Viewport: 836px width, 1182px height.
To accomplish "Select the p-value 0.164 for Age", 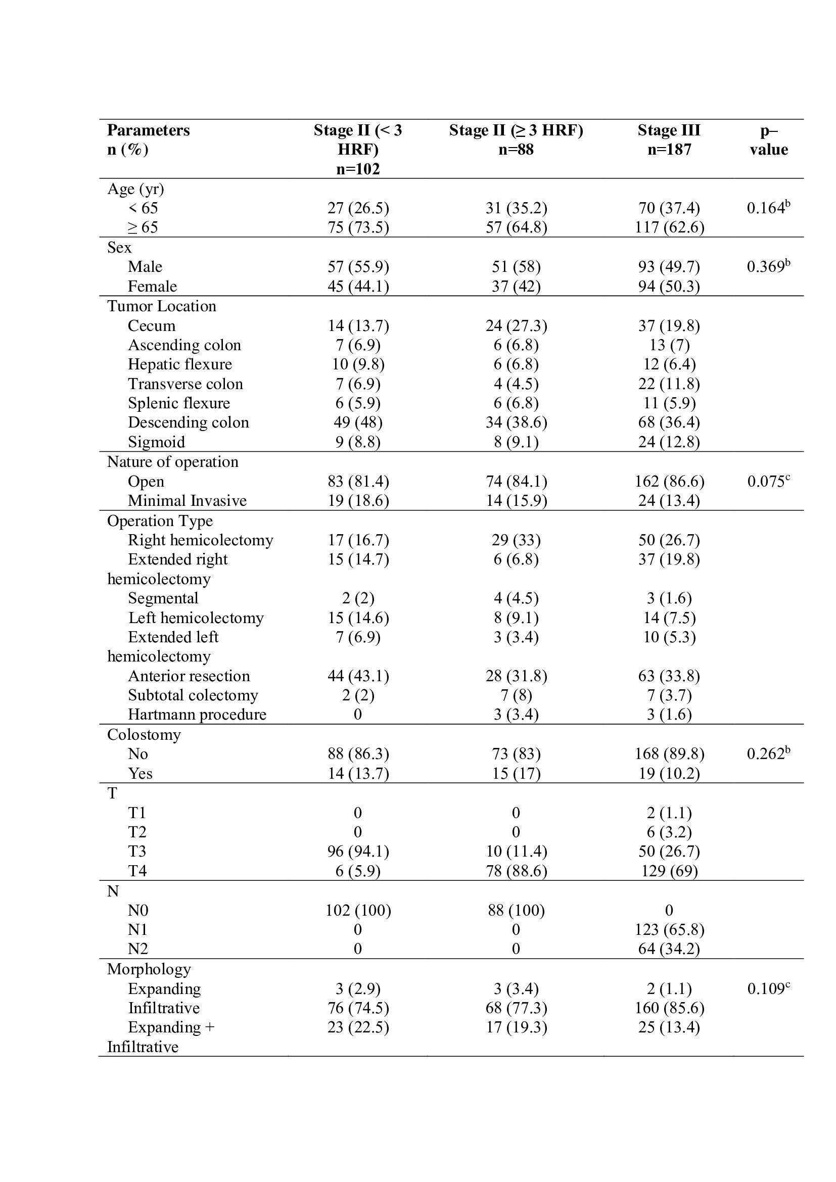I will [x=768, y=208].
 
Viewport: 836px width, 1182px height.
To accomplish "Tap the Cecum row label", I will [x=151, y=326].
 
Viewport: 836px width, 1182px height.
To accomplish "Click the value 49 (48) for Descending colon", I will [x=358, y=422].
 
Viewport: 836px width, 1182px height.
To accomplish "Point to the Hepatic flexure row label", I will [x=179, y=364].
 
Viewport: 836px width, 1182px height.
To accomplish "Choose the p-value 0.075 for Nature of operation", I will [x=768, y=482].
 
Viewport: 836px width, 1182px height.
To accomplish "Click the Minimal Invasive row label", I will [x=187, y=501].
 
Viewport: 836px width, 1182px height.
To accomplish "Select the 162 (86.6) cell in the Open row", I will [x=669, y=482].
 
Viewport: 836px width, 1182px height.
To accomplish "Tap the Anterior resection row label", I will [x=189, y=676].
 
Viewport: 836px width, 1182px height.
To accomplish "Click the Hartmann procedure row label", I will [x=197, y=715].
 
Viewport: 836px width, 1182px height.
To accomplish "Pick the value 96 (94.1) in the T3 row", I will [x=358, y=852].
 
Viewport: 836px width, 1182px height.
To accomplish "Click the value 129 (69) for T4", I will [x=669, y=871].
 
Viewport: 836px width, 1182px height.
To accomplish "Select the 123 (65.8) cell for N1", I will [x=669, y=930].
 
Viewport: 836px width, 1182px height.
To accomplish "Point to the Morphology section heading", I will [x=149, y=969].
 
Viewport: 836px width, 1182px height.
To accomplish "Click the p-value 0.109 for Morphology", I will [x=768, y=989].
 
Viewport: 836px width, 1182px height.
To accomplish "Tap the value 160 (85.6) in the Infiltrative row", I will [x=669, y=1008].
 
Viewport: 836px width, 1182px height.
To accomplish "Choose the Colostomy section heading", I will [x=144, y=735].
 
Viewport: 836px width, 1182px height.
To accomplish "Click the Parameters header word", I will [x=148, y=130].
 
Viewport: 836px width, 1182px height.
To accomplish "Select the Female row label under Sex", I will [x=152, y=286].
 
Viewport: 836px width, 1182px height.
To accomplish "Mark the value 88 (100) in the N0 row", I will [x=516, y=911].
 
